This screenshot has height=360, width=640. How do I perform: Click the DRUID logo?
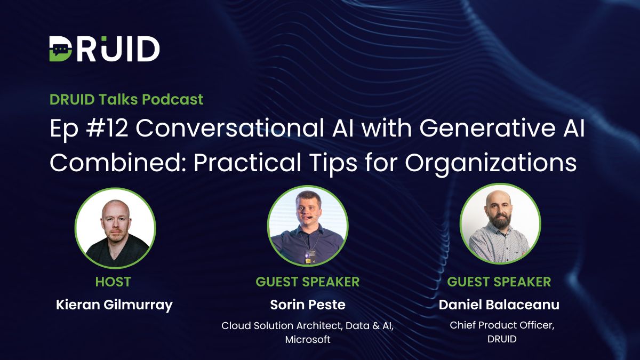[105, 49]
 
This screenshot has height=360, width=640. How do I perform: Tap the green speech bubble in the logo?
[61, 50]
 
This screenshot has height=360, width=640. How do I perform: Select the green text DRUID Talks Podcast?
[126, 99]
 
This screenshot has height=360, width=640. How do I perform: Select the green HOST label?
[113, 281]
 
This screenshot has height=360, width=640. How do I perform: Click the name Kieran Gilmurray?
[114, 305]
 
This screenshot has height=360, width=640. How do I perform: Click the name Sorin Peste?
[308, 305]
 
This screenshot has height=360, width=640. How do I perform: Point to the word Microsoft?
[308, 339]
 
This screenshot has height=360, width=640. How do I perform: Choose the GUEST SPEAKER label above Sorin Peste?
[308, 281]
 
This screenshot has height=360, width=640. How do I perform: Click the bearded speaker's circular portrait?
[500, 224]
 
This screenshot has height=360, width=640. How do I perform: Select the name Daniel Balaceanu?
[499, 305]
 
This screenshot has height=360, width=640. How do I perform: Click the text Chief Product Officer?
[501, 325]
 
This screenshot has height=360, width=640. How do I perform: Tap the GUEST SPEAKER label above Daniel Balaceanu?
[499, 281]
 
